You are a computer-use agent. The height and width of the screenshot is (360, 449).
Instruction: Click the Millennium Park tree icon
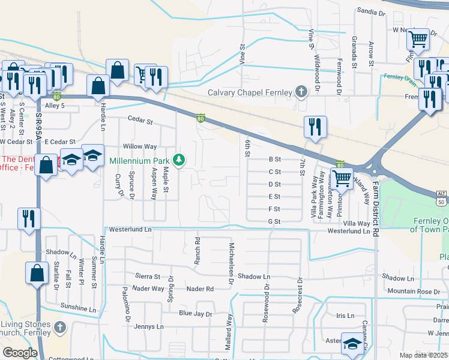tap(178, 160)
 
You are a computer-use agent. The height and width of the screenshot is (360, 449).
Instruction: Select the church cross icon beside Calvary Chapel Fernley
tap(301, 92)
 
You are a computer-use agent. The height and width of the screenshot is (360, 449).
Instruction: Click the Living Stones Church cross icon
tap(59, 328)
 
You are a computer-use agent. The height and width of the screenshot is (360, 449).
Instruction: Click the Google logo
tap(20, 353)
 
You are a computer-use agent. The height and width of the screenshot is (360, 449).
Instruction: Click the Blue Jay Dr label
tap(196, 314)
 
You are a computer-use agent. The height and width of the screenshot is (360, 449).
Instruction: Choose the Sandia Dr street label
tap(370, 11)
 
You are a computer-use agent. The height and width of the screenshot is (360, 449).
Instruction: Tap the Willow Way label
tap(139, 146)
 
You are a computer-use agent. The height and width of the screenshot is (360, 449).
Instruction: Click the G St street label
tap(274, 221)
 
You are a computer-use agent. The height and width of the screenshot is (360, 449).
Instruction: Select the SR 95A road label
tap(37, 130)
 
